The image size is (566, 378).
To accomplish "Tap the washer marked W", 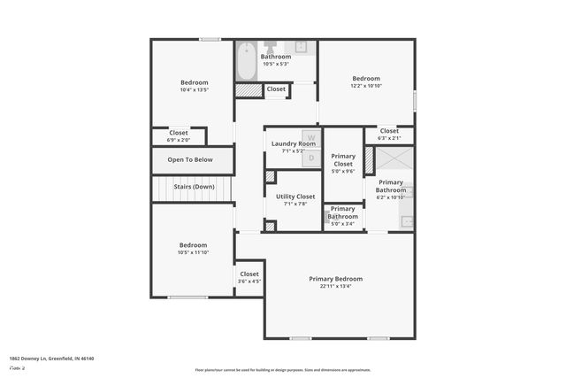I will [310, 137].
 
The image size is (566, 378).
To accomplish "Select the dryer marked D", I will [310, 157].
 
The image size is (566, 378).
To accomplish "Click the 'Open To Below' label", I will [190, 160].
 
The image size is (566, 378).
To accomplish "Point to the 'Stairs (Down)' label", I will [194, 187].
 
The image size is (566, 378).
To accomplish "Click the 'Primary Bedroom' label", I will [336, 279].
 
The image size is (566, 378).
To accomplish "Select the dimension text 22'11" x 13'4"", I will [336, 287].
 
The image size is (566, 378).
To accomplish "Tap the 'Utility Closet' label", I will [295, 197].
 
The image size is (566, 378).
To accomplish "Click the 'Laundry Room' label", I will [294, 143].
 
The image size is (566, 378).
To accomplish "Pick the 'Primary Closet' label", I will [343, 160].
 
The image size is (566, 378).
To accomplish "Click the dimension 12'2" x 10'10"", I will [366, 86].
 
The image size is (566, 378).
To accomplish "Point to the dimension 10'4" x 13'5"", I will [194, 89].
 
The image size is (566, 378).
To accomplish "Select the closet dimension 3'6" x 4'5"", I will [249, 282].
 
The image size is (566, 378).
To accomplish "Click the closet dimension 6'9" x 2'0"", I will [179, 140].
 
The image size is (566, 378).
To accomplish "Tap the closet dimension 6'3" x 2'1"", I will [389, 138].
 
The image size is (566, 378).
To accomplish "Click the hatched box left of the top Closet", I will [249, 89].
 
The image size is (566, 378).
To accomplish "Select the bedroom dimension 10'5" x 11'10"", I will [193, 252].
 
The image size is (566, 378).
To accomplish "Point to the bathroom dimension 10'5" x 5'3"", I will [275, 64].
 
